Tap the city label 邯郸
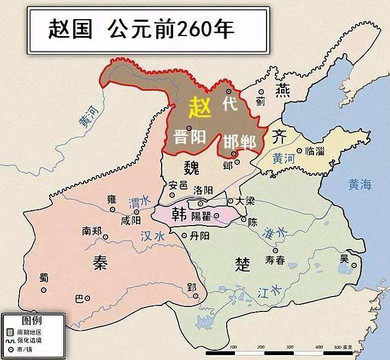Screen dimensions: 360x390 (239, 141)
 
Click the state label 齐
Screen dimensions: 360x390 (279, 135)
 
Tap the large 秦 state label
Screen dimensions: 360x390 (99, 263)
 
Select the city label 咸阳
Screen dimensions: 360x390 (131, 220)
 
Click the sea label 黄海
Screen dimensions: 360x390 (359, 185)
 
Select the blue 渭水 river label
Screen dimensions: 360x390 (139, 202)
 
